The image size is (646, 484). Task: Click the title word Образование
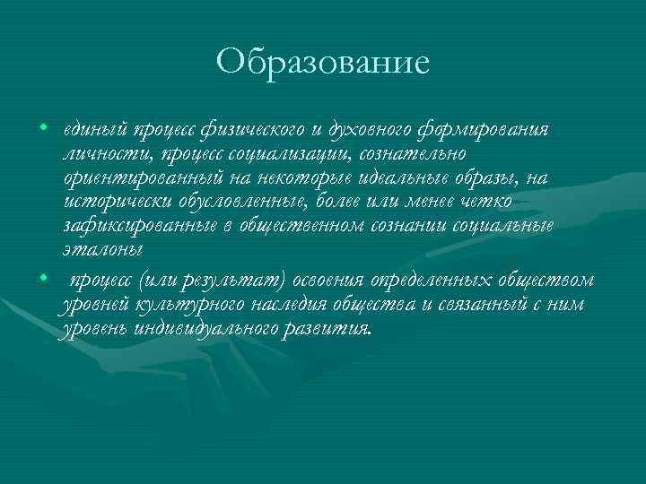coord(323,63)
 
